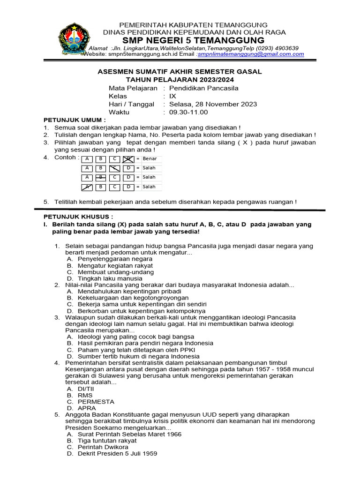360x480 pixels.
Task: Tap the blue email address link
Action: pos(251,54)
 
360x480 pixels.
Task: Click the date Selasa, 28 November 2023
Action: pos(213,104)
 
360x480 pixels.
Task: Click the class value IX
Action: pos(172,96)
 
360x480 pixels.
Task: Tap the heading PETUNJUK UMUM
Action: pos(75,120)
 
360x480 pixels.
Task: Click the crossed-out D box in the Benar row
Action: pos(128,159)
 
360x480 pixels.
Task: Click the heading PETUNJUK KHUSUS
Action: pos(78,217)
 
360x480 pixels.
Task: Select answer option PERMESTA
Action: pos(96,402)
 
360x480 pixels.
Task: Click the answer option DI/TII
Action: pos(86,389)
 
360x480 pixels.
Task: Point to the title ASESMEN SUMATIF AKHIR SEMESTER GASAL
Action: pos(180,72)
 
